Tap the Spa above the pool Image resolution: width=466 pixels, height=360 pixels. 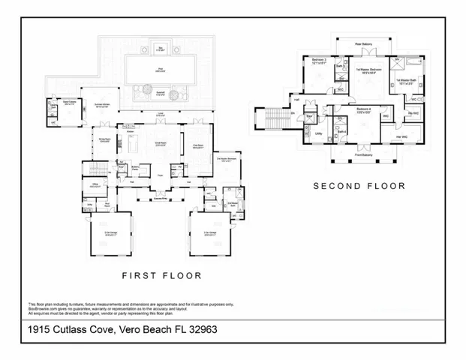[x=160, y=49]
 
